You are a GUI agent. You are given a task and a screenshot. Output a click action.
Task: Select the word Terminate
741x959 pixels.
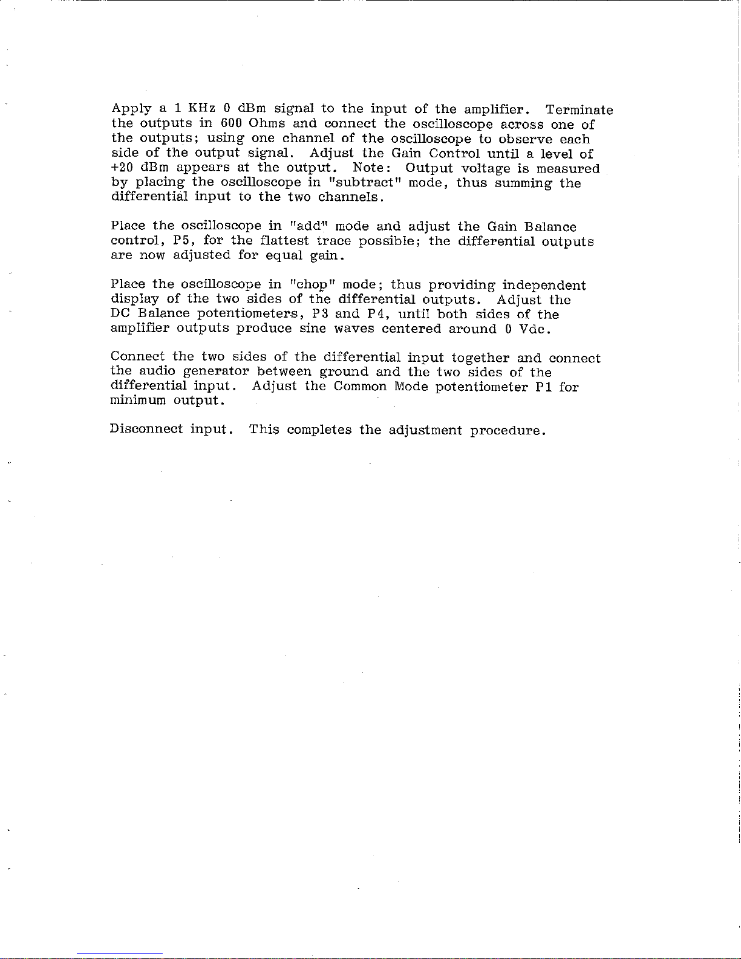(579, 110)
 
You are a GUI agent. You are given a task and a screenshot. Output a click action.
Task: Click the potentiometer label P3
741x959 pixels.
(320, 313)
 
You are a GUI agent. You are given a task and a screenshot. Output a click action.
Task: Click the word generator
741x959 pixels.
(217, 371)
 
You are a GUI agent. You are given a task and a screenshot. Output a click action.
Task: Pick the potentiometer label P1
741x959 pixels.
(541, 386)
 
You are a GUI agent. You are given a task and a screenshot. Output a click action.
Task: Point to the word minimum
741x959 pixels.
(139, 401)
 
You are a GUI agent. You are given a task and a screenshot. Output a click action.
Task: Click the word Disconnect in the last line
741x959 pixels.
(146, 430)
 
